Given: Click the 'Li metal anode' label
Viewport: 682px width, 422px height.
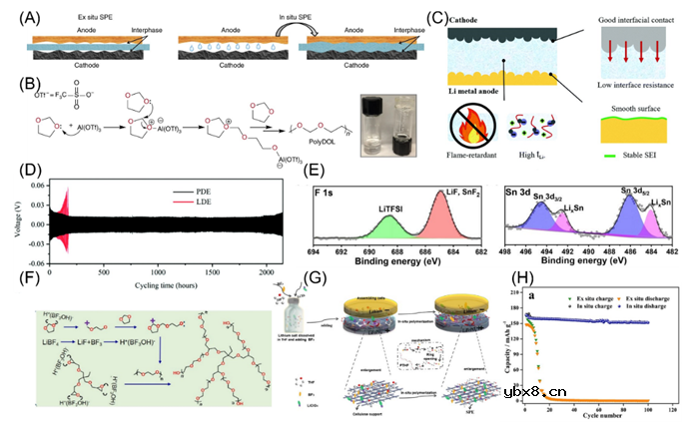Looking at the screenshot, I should tap(475, 91).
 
